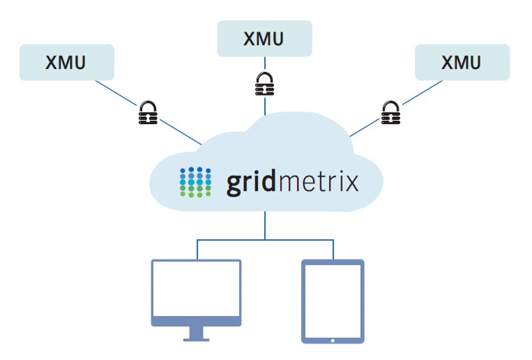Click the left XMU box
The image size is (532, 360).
(67, 62)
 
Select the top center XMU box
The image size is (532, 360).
(265, 39)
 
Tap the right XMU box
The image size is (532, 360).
(462, 62)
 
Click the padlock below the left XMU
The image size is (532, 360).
(148, 113)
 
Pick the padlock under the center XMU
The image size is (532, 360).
(265, 84)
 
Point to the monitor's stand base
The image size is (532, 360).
(196, 339)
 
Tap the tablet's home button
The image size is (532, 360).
(333, 339)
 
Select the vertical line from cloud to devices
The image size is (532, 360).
(265, 225)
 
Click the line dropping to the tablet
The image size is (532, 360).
(333, 250)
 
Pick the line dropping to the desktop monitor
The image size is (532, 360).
(197, 250)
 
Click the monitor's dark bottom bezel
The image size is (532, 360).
(196, 321)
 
